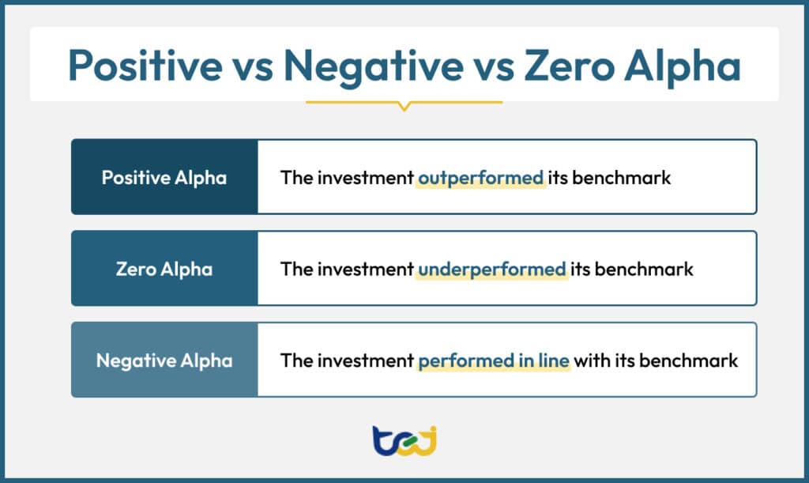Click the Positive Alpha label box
(164, 177)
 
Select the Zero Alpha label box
(164, 269)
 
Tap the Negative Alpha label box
(164, 360)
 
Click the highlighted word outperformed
(481, 177)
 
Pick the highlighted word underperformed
(491, 269)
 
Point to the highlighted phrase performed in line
(493, 360)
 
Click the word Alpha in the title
(687, 66)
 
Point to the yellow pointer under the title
(404, 105)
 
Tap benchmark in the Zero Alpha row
(643, 269)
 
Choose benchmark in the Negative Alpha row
(688, 360)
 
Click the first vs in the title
(253, 66)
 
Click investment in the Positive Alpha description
(365, 177)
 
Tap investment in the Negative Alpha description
(365, 360)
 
